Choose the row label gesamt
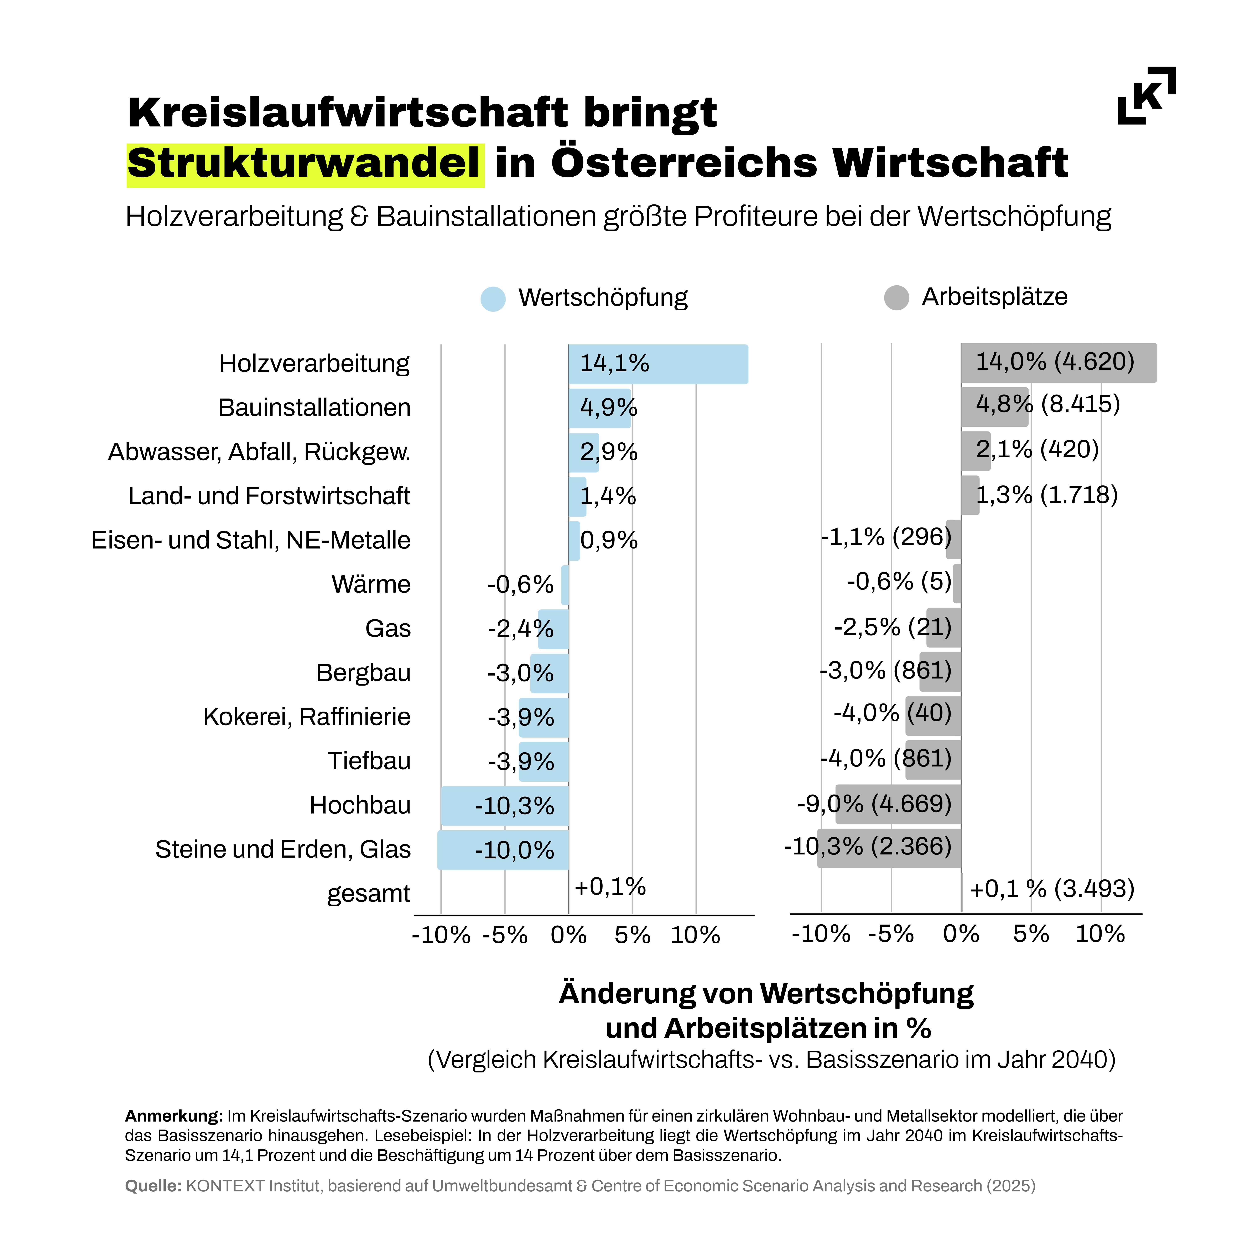tap(368, 893)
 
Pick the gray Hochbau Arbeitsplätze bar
tap(898, 804)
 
